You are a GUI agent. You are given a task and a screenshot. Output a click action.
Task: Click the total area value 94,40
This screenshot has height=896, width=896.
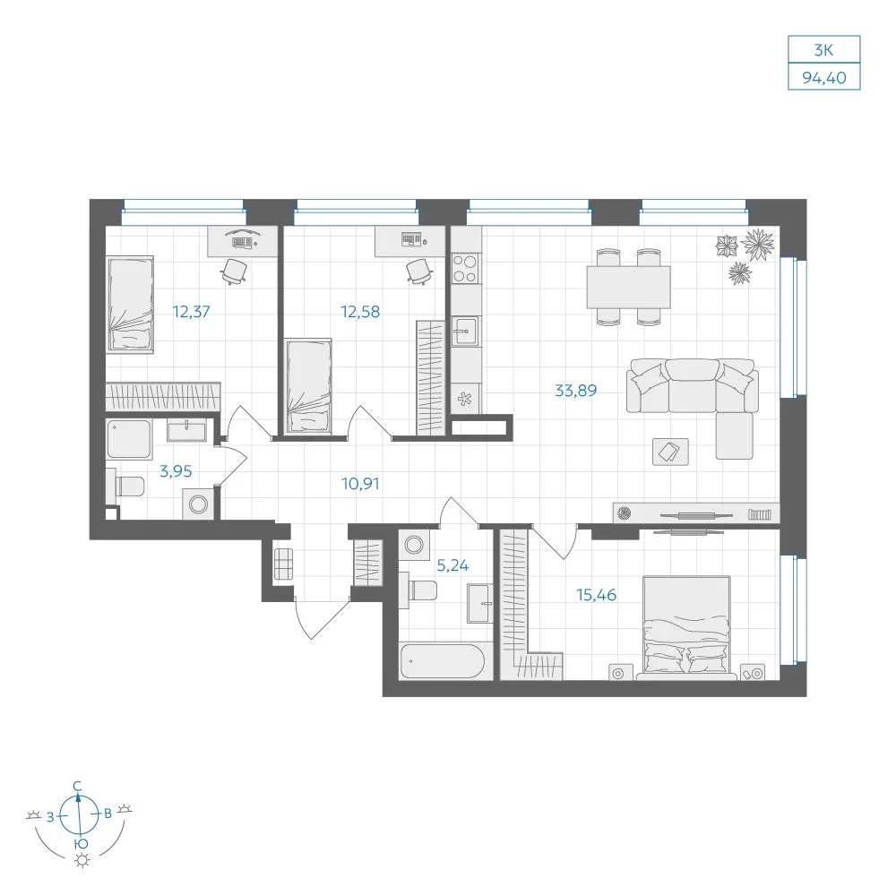(824, 77)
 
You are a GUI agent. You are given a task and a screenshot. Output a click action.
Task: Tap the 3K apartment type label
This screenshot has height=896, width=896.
(823, 50)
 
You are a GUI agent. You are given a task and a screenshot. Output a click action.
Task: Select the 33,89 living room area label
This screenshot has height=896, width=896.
(575, 391)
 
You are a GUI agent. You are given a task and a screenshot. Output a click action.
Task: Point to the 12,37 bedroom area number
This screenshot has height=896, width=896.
(192, 312)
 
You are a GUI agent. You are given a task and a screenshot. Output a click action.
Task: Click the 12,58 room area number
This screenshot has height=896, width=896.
(360, 312)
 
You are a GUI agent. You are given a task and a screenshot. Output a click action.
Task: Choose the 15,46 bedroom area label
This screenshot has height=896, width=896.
(596, 595)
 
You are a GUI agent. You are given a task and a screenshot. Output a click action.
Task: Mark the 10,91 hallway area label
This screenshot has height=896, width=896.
(360, 484)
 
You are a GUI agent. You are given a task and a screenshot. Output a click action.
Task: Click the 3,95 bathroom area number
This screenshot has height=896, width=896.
(176, 471)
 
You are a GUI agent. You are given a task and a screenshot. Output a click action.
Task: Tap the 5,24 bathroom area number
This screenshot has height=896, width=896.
(452, 565)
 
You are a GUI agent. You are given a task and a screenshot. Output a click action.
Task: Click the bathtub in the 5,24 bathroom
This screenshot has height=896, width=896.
(443, 662)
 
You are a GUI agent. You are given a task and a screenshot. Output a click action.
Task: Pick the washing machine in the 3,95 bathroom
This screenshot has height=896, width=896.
(198, 504)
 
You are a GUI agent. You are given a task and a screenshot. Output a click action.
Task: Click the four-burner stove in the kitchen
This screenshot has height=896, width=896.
(464, 269)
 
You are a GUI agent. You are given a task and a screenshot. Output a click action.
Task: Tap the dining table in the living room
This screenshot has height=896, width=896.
(628, 287)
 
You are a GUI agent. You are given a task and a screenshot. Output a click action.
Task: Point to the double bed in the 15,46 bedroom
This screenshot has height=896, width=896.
(686, 627)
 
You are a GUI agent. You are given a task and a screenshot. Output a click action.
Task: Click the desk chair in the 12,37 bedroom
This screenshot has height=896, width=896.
(234, 271)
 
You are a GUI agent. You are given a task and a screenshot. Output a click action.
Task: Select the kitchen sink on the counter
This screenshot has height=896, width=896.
(464, 331)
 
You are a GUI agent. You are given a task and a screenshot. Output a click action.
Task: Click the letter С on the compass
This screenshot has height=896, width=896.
(78, 787)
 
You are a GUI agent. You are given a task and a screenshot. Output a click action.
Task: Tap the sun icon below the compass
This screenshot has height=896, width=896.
(82, 860)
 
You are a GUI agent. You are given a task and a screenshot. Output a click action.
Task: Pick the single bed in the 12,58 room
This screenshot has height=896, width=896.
(308, 386)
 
